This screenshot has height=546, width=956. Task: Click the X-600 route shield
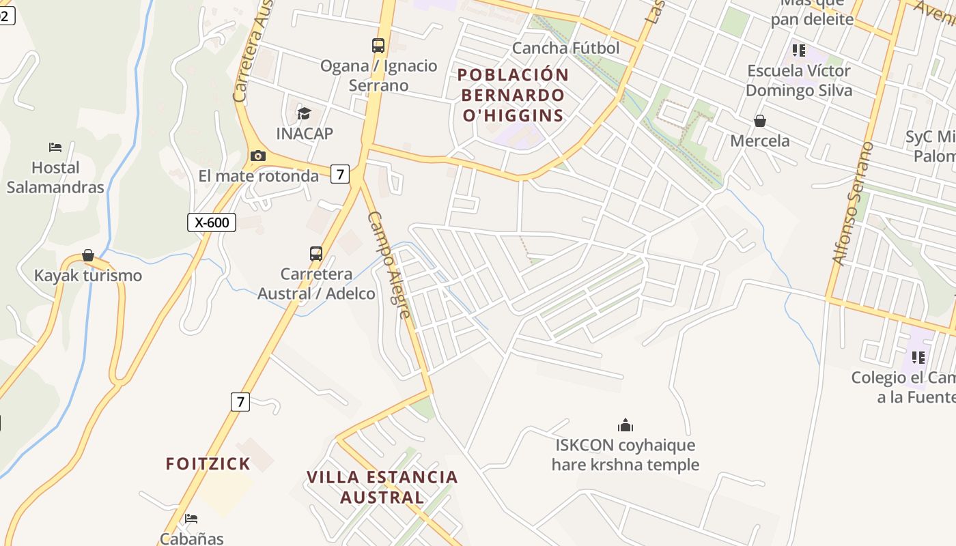coord(212,222)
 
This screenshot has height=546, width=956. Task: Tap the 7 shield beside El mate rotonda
coord(340,174)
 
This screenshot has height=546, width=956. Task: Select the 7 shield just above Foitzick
coord(240,402)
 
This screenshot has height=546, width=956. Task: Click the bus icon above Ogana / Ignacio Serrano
coord(378,46)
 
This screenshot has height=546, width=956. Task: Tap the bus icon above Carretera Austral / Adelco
coord(316,254)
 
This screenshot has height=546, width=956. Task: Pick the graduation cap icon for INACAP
coord(305,113)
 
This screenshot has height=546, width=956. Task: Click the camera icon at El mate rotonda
coord(257,156)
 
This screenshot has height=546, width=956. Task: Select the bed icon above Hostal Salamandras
coord(55,147)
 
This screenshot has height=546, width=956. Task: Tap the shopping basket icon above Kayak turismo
coord(88,255)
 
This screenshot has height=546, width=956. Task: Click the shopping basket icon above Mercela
coord(760,121)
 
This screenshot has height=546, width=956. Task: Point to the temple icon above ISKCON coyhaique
coord(625,426)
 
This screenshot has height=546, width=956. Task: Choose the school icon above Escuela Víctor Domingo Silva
coord(799,51)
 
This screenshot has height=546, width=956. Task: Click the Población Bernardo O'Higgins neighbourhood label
coord(514,95)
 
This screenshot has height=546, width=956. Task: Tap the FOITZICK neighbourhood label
coord(208,464)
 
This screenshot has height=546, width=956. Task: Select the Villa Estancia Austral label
coord(382,487)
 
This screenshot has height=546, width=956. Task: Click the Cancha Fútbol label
coord(565,48)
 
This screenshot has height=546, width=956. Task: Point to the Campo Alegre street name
coord(389,265)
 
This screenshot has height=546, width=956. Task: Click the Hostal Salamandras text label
coord(55,177)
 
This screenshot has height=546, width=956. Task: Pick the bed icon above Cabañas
coord(191,519)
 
